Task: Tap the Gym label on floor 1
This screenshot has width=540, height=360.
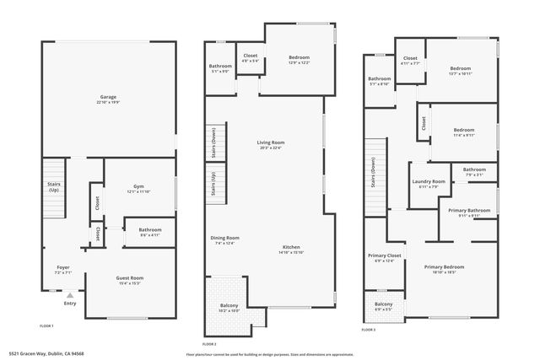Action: tap(138, 186)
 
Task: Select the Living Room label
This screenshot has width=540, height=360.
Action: tap(271, 142)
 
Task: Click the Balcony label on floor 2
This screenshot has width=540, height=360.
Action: tap(229, 305)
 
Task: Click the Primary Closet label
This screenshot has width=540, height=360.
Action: tap(384, 255)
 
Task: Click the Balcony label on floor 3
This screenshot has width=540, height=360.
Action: tap(383, 304)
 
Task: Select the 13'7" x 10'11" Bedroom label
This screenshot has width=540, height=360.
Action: tap(460, 68)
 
